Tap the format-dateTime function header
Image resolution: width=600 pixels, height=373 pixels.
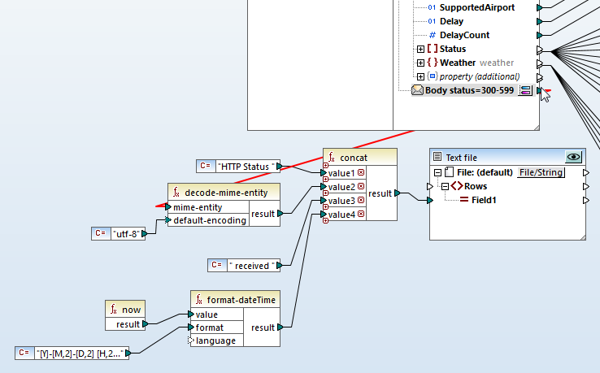(241, 300)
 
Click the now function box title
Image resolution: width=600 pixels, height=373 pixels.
(132, 309)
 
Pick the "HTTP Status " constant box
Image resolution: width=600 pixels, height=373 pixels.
(248, 166)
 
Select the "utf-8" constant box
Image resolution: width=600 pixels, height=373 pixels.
(124, 234)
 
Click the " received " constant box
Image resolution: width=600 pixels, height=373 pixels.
(251, 265)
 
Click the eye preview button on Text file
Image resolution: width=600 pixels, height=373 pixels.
(574, 158)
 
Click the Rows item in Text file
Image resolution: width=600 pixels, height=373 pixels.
(481, 186)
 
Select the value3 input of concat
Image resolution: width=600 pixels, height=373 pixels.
(341, 201)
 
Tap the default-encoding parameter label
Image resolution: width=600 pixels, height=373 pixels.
(210, 220)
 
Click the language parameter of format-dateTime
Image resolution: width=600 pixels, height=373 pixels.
(216, 340)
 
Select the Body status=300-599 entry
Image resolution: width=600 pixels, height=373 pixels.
(469, 90)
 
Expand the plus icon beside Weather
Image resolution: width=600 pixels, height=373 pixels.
(420, 63)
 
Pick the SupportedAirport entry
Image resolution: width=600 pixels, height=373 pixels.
(476, 7)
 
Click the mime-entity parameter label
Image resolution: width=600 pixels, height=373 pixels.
(198, 207)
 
